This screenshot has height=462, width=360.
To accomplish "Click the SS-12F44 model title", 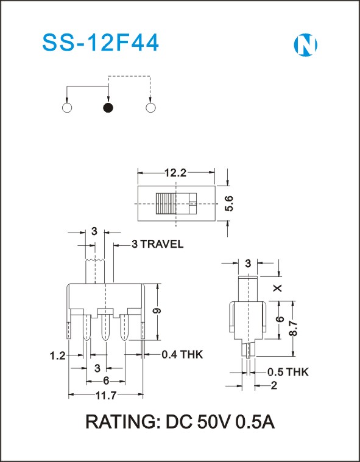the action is point(101,43).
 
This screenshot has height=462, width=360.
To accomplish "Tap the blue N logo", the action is point(305,45).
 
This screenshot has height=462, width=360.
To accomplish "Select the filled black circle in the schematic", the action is point(108,108).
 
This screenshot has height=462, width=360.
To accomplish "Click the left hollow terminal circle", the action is point(67,108).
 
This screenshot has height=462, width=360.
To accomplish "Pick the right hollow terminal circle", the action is point(150,108).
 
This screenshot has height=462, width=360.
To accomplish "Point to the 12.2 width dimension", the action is point(175,173).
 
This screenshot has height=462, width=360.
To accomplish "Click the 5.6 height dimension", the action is point(230,203).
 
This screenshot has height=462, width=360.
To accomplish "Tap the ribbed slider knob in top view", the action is point(166,203).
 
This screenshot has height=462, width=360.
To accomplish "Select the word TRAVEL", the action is point(161,244).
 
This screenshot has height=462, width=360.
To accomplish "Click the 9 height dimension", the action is point(158,311).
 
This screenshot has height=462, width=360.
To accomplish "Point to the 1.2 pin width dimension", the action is point(57,356).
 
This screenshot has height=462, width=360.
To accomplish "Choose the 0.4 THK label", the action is point(183,354).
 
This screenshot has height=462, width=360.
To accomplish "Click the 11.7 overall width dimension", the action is point(106,396).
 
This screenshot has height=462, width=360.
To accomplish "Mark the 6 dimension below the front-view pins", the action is point(106,381).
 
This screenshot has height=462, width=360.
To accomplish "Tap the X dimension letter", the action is point(278,288).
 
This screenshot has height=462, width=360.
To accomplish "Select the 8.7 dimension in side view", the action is point(293,329).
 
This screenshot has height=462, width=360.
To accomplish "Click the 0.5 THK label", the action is point(288,372).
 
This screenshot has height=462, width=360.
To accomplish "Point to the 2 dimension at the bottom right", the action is point(274,385).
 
